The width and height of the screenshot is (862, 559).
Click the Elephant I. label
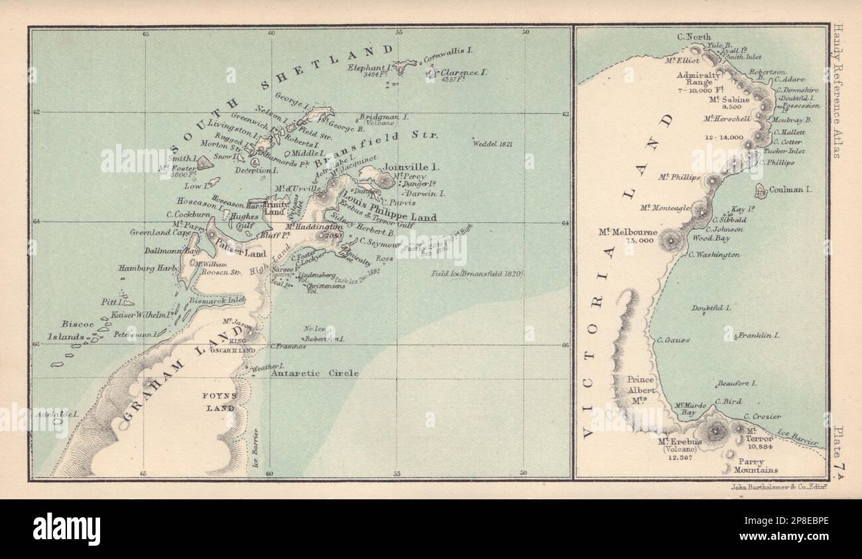[373, 68]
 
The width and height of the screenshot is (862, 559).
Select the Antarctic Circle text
[315, 373]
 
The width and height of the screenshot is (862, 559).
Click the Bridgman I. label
[385, 116]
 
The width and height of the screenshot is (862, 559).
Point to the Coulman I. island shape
[761, 190]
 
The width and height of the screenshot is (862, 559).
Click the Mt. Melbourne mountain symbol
[673, 239]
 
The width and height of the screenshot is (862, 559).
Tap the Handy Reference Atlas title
[839, 91]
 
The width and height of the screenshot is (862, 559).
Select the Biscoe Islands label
[74, 331]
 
